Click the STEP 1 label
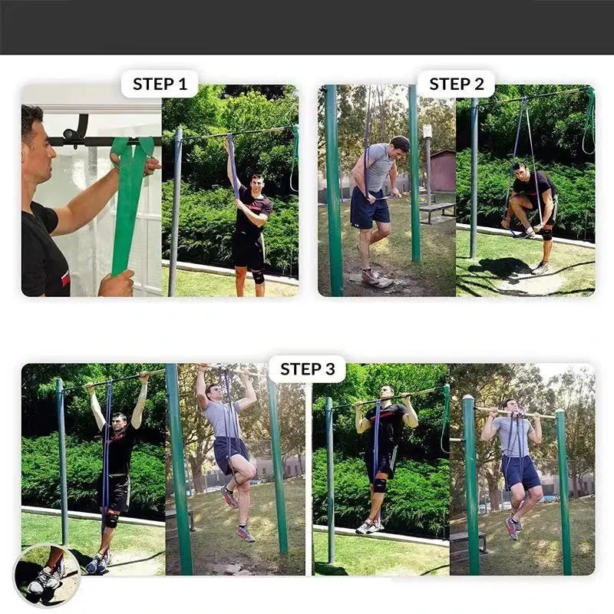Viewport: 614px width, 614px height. [160, 84]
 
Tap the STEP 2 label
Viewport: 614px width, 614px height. [457, 84]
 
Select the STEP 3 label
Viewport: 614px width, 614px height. [308, 369]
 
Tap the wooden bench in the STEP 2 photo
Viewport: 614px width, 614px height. [437, 212]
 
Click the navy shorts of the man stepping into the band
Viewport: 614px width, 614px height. [369, 207]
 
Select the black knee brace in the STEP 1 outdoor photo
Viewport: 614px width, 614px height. [258, 276]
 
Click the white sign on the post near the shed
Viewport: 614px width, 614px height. [427, 130]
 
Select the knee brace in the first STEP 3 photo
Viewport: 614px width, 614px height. [111, 520]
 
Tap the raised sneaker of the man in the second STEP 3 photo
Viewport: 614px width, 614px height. [229, 497]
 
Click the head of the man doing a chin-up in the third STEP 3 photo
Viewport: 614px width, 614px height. [387, 392]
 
